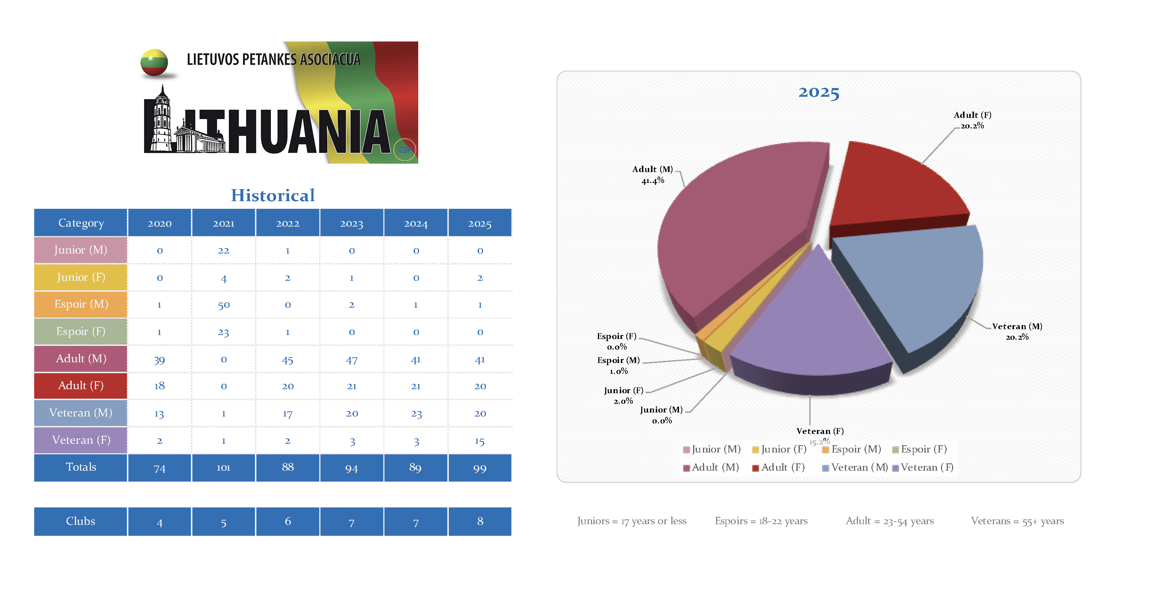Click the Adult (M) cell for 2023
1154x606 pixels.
(x=352, y=360)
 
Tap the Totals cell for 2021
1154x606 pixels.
(x=224, y=468)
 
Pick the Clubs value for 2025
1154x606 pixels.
(x=480, y=521)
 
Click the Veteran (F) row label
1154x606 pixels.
(x=81, y=440)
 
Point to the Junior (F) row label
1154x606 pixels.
(x=81, y=277)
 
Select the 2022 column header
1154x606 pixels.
(x=288, y=223)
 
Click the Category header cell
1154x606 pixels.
(x=81, y=223)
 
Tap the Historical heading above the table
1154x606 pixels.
(x=273, y=196)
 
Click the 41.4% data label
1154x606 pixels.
(x=653, y=181)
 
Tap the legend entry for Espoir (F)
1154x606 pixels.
(x=919, y=449)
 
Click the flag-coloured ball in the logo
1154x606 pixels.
(x=154, y=63)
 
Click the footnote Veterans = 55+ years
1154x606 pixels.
(x=1017, y=521)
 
